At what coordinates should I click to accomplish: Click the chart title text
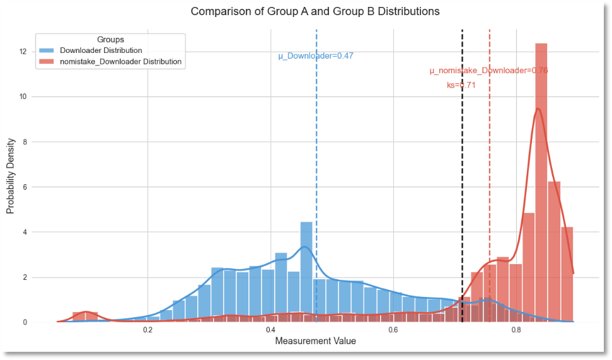[315, 11]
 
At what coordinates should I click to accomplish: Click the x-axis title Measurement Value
[315, 341]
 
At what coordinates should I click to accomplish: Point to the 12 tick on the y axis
[22, 52]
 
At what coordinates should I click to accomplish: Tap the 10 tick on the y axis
[22, 96]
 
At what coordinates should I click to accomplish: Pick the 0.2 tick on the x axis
[147, 330]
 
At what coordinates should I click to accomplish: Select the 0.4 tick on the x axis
[270, 330]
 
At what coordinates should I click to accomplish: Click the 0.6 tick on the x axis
[393, 330]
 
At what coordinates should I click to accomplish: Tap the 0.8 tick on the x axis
[516, 330]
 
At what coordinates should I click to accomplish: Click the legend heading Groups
[111, 40]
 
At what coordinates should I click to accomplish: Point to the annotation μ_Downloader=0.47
[316, 56]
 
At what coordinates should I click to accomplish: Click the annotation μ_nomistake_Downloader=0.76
[488, 71]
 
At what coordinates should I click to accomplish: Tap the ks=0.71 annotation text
[461, 85]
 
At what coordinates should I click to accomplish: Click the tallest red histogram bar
[541, 183]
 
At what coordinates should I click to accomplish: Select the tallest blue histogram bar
[306, 272]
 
